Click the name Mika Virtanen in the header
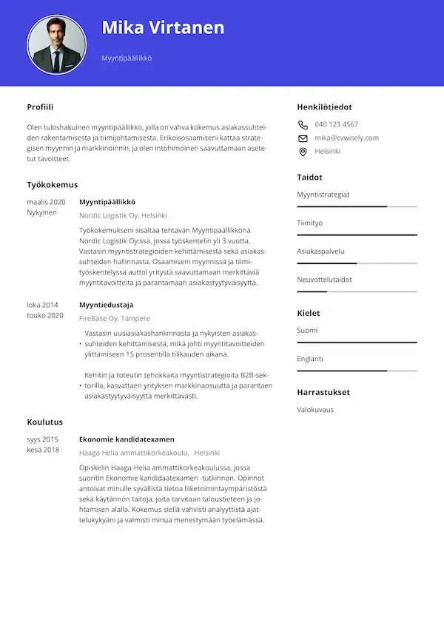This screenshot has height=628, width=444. [163, 28]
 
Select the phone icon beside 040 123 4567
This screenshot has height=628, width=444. [303, 124]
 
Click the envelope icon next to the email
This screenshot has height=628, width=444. [303, 138]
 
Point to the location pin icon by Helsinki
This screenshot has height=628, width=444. [303, 152]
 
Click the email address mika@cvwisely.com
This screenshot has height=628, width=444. [346, 138]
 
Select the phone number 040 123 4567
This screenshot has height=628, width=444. [336, 124]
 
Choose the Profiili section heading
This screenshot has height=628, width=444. [40, 107]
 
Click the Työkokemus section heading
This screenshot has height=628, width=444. [52, 184]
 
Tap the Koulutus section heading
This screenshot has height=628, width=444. [44, 422]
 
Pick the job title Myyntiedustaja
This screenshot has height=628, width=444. [106, 305]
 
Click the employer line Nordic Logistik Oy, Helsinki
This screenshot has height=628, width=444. [123, 216]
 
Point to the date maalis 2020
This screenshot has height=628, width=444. [46, 202]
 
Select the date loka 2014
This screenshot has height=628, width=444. [42, 305]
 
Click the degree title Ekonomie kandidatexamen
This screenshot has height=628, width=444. [127, 439]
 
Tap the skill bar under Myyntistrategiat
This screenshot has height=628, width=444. [357, 206]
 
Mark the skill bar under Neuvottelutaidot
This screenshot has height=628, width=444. [357, 291]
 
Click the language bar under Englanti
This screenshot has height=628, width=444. [357, 371]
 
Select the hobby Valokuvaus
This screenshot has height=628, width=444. [315, 409]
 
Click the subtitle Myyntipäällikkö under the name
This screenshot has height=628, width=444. [127, 58]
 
